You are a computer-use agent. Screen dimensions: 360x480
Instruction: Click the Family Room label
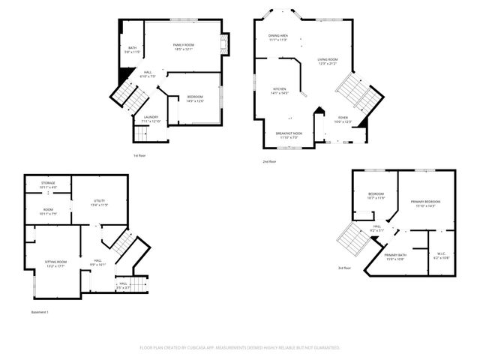(x=184, y=46)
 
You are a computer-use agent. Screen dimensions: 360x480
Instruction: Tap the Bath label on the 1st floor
(x=132, y=48)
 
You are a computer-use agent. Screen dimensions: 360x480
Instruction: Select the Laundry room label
(x=150, y=117)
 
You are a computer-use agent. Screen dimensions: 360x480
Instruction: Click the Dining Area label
(x=278, y=35)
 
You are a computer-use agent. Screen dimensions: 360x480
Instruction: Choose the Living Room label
(x=328, y=59)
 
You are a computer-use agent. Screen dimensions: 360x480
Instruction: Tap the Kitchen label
(x=280, y=89)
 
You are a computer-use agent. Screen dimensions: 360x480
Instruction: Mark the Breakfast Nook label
(x=289, y=134)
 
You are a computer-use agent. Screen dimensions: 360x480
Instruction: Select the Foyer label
(x=342, y=118)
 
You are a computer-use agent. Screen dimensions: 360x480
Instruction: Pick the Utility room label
(x=99, y=201)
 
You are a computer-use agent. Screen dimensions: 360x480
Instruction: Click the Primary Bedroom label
(x=424, y=202)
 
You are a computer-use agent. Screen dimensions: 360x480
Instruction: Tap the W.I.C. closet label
(x=441, y=255)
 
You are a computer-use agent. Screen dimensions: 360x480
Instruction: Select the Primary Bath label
(x=396, y=256)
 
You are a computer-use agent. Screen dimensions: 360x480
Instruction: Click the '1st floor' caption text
(x=139, y=156)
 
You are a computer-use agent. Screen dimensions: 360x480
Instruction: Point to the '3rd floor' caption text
(x=344, y=268)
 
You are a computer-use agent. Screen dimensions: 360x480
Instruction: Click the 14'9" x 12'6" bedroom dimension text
(x=195, y=101)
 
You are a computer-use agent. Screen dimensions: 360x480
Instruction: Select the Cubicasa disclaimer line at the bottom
(x=240, y=348)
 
